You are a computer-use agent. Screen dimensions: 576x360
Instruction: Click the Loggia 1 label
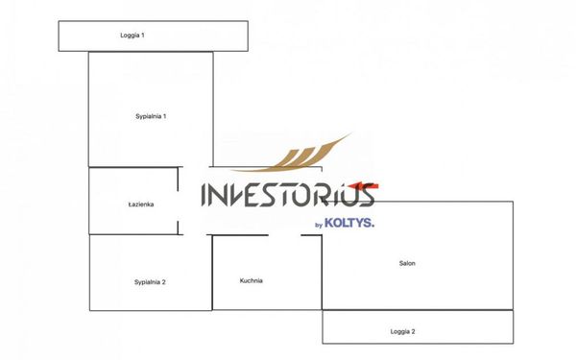(x=132, y=36)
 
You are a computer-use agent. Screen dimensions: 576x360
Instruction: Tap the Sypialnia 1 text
(x=151, y=116)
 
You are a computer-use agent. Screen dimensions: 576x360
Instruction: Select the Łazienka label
(x=141, y=204)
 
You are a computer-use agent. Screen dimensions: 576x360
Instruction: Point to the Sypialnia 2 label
(x=150, y=282)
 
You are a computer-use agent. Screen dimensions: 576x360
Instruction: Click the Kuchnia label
(x=252, y=280)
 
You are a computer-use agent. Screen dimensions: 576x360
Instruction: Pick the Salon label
(x=407, y=263)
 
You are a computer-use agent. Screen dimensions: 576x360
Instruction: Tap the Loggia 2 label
(x=402, y=331)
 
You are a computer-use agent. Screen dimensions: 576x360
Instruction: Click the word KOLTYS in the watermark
(x=349, y=223)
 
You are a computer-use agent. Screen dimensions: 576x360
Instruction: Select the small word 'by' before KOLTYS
(x=319, y=225)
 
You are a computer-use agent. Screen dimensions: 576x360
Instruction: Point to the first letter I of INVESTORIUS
(x=204, y=195)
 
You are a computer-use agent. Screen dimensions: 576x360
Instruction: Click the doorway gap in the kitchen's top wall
(x=284, y=235)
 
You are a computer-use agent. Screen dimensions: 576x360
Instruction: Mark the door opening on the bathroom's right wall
(x=179, y=201)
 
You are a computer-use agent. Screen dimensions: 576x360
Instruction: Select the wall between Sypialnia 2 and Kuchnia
(x=212, y=273)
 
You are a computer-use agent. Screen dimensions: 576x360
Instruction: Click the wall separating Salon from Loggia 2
(x=418, y=310)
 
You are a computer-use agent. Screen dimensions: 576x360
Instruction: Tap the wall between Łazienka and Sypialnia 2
(x=133, y=234)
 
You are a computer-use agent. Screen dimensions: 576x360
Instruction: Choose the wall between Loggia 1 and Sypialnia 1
(x=151, y=52)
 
